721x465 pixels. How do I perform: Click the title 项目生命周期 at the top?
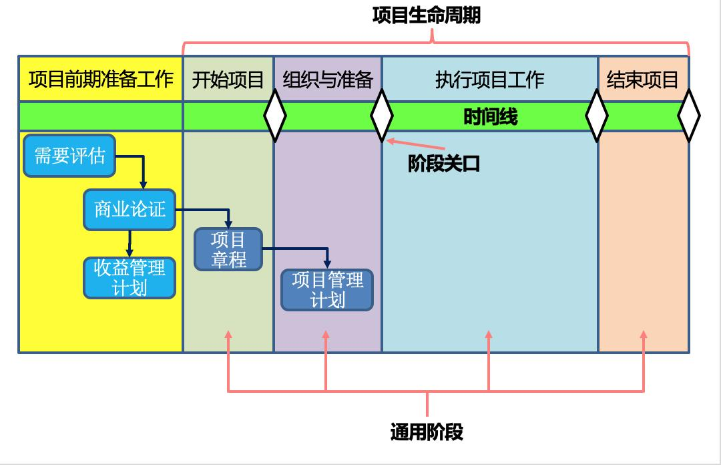click(426, 15)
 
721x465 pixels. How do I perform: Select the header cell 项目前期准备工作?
click(101, 80)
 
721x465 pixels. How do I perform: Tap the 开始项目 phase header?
click(228, 80)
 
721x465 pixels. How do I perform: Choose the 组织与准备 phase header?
click(327, 80)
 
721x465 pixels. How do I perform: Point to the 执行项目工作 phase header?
click(489, 80)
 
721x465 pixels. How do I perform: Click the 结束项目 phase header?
click(642, 80)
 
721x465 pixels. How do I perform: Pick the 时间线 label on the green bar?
click(490, 117)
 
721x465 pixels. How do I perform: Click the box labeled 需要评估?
click(69, 156)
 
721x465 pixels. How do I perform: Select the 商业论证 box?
click(130, 209)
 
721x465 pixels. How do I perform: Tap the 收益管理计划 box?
click(130, 277)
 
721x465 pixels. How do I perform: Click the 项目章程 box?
click(228, 249)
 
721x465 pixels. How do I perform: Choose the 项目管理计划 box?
click(327, 289)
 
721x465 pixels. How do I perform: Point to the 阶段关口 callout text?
click(444, 164)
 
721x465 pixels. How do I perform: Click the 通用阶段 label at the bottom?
click(426, 432)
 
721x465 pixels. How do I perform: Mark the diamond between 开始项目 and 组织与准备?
click(274, 116)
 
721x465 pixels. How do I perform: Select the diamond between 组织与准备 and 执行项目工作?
click(382, 116)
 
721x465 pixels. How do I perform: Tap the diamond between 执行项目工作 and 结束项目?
click(597, 116)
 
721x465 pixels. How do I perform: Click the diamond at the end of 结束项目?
click(689, 116)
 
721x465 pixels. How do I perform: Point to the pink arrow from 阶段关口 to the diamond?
click(417, 144)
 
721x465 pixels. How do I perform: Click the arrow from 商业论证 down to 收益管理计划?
click(130, 243)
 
